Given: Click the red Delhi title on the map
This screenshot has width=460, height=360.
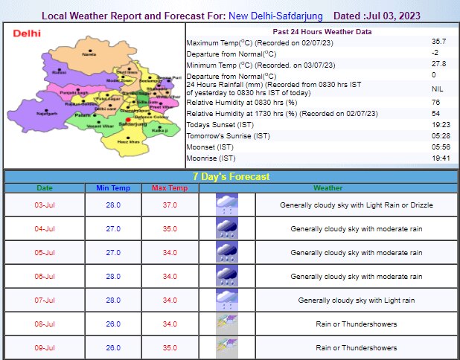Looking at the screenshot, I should (x=26, y=33).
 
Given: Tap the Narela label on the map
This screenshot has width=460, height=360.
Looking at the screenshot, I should (x=89, y=54).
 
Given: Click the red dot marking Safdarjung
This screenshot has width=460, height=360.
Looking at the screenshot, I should (x=128, y=120).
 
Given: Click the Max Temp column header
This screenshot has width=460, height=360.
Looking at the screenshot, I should (x=170, y=188).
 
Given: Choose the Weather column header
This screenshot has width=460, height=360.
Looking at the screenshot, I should (x=328, y=188).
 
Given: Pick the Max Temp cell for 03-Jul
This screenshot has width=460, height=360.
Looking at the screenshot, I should (x=170, y=205).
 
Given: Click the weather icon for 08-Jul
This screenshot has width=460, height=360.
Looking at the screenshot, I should (x=226, y=324).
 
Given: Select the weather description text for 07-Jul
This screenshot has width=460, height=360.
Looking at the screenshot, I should (x=356, y=300).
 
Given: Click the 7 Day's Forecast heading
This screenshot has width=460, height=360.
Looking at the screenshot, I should (x=231, y=177).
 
